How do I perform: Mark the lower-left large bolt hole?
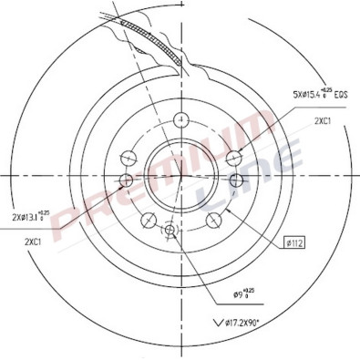click(147, 219)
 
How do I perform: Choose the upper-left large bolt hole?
click(125, 155)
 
